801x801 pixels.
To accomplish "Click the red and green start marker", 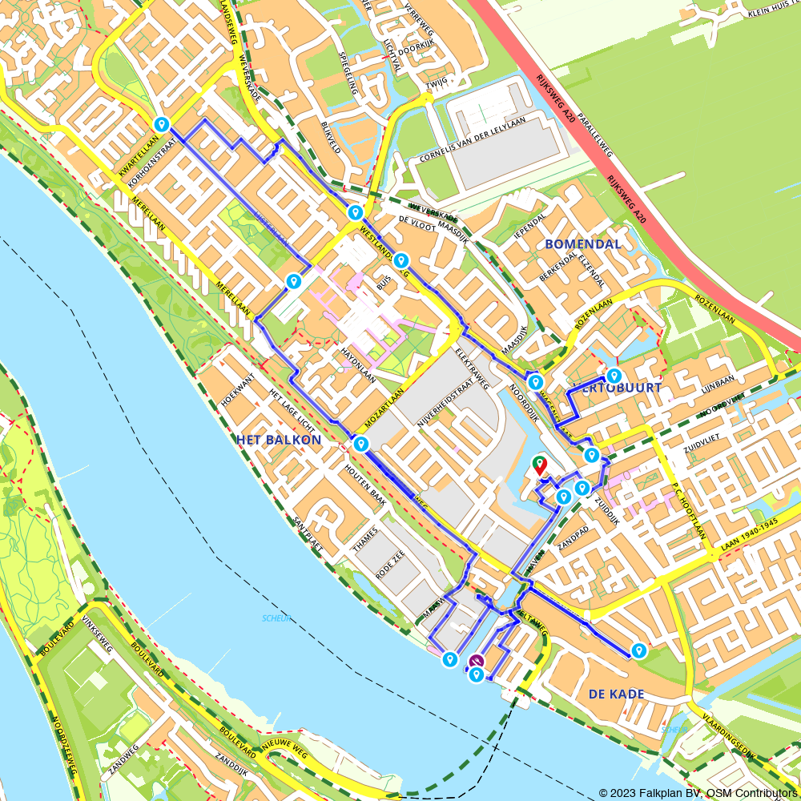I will pos(540,465).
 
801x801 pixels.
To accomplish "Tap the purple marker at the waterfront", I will pos(477,662).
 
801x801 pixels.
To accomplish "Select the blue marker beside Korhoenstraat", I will pos(162,125).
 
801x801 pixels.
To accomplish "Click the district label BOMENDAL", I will pos(582,244).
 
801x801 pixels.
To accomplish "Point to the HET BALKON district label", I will pos(279,440).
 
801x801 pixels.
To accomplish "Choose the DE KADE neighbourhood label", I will pos(616,694).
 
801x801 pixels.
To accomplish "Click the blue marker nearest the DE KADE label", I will pos(638,651).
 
